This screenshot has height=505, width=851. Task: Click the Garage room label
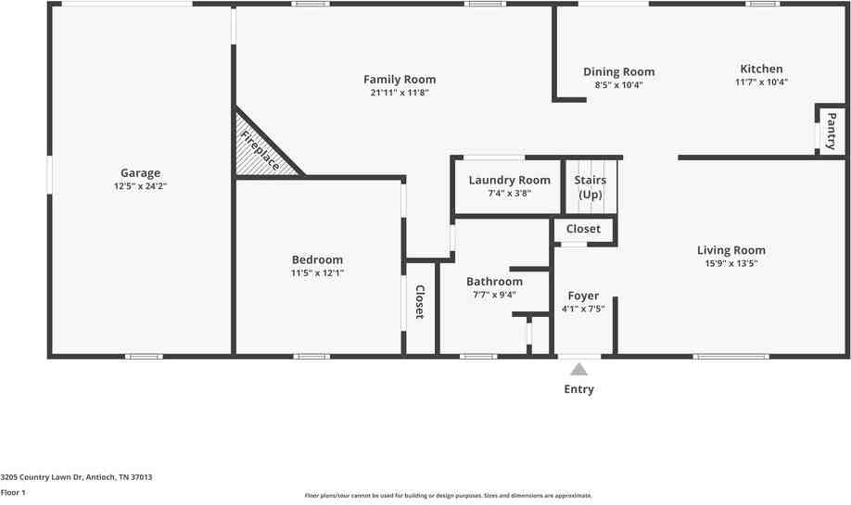[x=140, y=172]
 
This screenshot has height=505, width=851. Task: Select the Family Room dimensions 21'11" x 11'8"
[x=400, y=93]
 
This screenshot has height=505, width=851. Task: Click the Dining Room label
[x=618, y=71]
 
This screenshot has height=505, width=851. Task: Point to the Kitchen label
[x=761, y=69]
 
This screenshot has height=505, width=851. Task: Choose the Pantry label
[x=832, y=131]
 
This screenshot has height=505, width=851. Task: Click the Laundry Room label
[x=509, y=180]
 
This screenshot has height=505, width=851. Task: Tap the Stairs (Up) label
[x=591, y=186]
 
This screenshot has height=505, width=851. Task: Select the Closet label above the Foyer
[x=583, y=228]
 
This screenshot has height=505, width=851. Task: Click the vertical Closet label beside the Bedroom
[x=419, y=302]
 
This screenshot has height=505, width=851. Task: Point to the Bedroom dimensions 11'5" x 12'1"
[x=317, y=273]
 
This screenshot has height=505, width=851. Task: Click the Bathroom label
[x=494, y=281]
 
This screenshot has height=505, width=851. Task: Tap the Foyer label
[x=583, y=296]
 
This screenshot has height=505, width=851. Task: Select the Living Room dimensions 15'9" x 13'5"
[x=730, y=263]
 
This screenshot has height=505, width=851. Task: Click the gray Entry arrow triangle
[x=578, y=369]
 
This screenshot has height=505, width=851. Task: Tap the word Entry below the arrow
[x=578, y=389]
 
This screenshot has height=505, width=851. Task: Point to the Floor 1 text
[x=13, y=492]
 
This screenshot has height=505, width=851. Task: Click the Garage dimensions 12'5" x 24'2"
[x=140, y=186]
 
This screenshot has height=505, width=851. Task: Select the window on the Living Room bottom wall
[x=730, y=356]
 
